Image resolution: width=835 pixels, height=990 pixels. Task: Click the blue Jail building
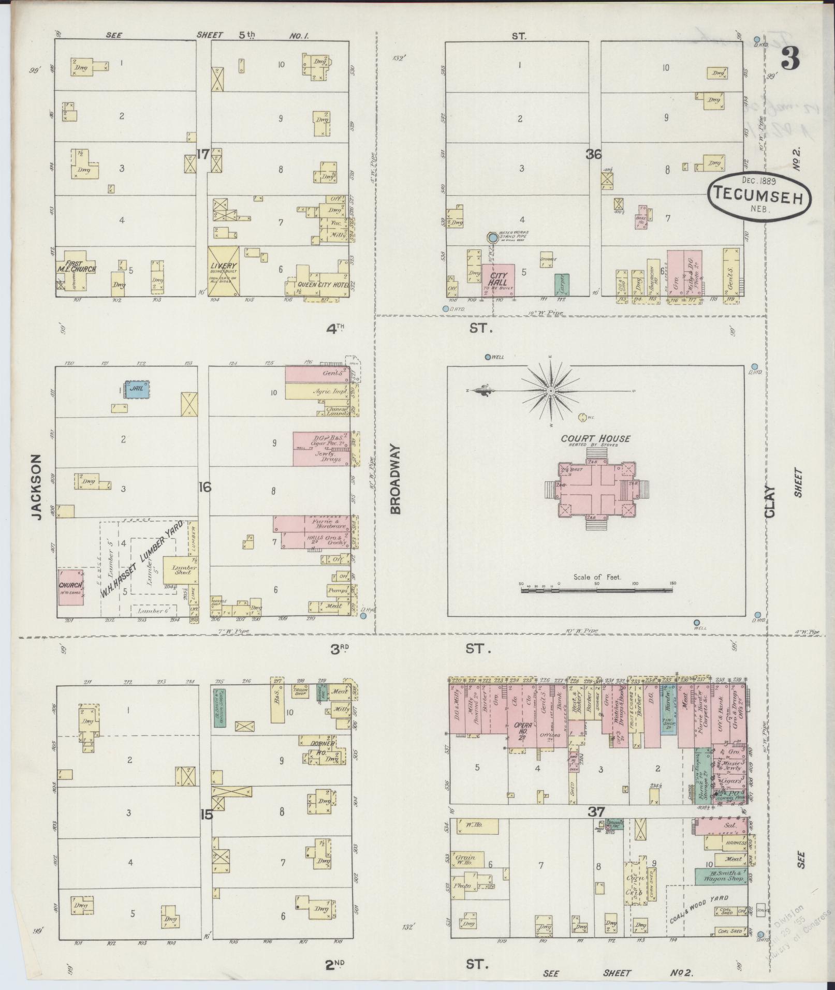137,389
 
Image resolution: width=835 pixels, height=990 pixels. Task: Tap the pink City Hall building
498,279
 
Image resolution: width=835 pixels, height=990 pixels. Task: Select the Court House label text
596,438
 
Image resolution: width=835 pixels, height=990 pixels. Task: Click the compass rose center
551,391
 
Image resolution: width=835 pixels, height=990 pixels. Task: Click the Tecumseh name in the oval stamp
759,193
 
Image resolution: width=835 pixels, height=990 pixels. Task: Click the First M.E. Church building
77,271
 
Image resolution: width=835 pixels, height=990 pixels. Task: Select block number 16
205,487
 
